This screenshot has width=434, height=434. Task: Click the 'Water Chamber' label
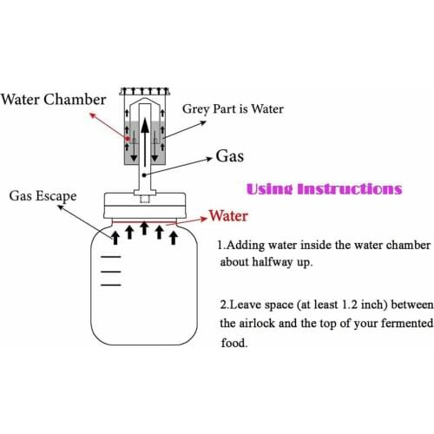click(54, 99)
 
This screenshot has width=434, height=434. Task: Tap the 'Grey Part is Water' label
click(233, 108)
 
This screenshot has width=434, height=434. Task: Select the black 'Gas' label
click(230, 155)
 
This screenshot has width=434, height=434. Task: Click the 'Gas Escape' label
click(43, 196)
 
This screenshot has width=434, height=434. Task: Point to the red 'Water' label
click(228, 216)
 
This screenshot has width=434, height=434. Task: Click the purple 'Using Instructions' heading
click(325, 189)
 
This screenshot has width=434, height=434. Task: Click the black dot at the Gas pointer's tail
click(144, 175)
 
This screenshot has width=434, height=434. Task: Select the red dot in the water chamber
click(127, 139)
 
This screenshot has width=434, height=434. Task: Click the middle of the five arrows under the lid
click(144, 228)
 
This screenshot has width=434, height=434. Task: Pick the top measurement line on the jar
click(111, 257)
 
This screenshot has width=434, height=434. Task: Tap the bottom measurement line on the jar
click(111, 285)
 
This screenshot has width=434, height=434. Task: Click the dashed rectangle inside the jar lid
click(145, 199)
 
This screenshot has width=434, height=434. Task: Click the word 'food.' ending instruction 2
click(234, 343)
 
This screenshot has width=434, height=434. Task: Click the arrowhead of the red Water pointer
click(205, 219)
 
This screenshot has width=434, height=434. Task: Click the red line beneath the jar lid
click(144, 222)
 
